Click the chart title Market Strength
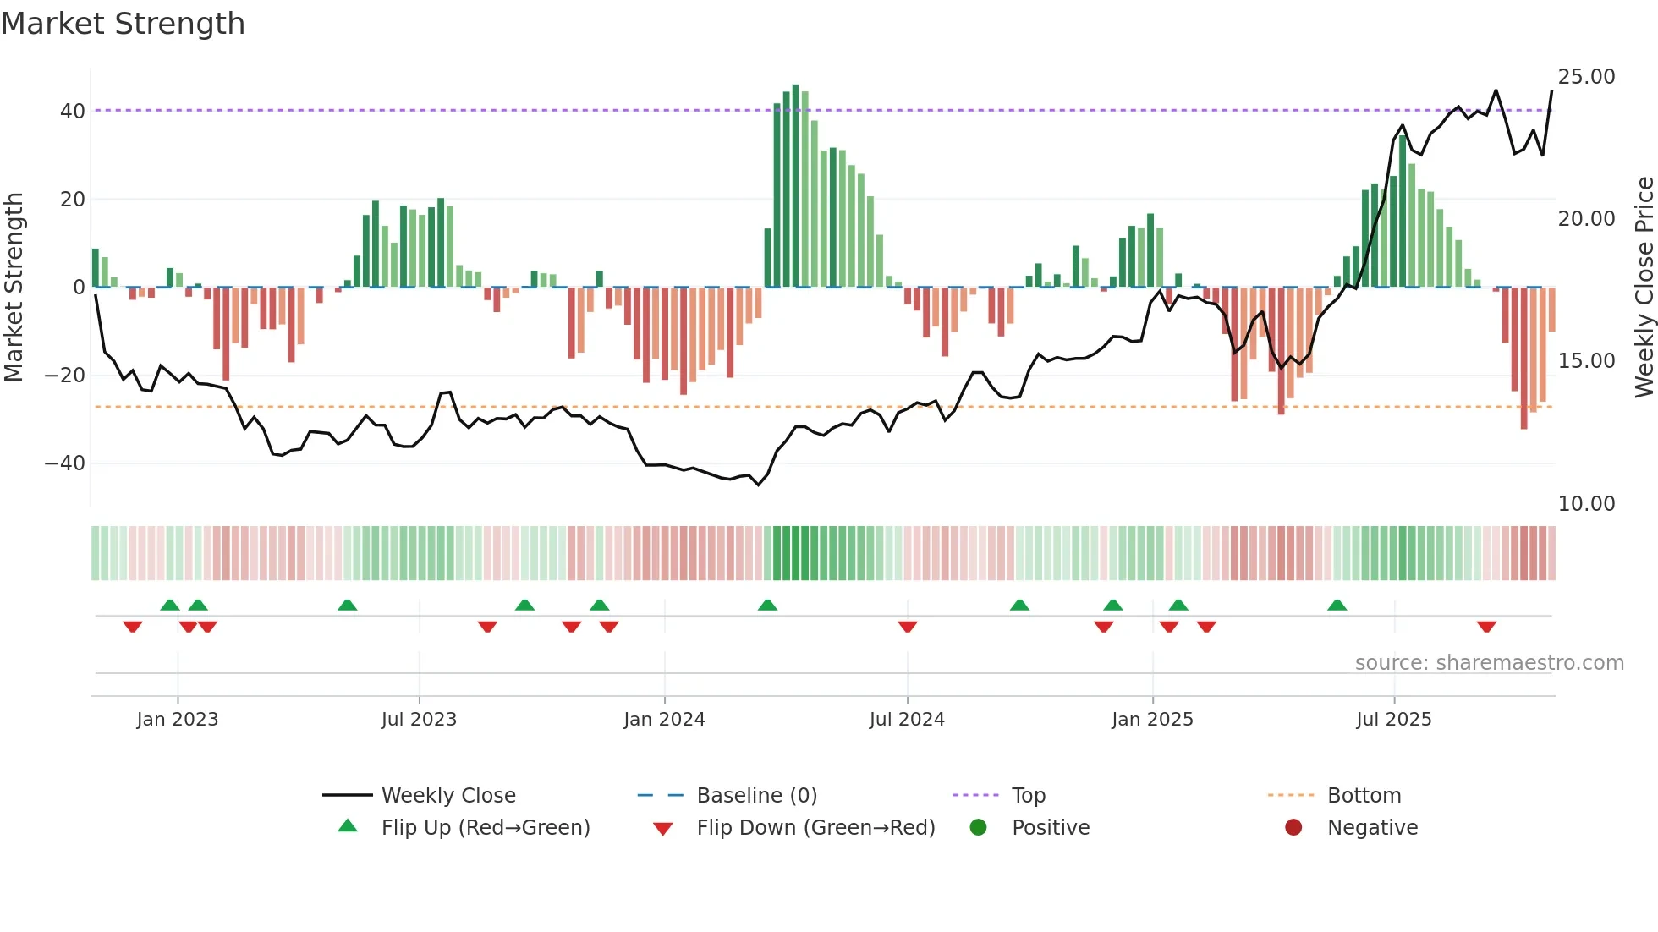pyautogui.click(x=123, y=24)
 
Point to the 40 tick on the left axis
pyautogui.click(x=72, y=112)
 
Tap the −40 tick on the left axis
pyautogui.click(x=65, y=463)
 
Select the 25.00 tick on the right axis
pyautogui.click(x=1586, y=77)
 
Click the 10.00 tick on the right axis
pyautogui.click(x=1586, y=504)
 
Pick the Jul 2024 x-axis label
pyautogui.click(x=907, y=720)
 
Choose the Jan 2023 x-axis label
pyautogui.click(x=178, y=720)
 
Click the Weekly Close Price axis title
pyautogui.click(x=1644, y=288)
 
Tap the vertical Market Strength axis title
pyautogui.click(x=14, y=288)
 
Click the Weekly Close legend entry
pyautogui.click(x=447, y=796)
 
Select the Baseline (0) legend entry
pyautogui.click(x=756, y=796)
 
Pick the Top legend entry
pyautogui.click(x=1028, y=796)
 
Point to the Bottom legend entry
pyautogui.click(x=1364, y=796)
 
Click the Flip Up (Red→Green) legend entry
pyautogui.click(x=485, y=828)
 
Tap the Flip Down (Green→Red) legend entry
pyautogui.click(x=815, y=828)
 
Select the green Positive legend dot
pyautogui.click(x=979, y=828)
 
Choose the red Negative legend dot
pyautogui.click(x=1293, y=828)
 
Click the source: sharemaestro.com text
pyautogui.click(x=1489, y=663)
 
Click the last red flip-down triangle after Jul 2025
pyautogui.click(x=1486, y=627)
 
